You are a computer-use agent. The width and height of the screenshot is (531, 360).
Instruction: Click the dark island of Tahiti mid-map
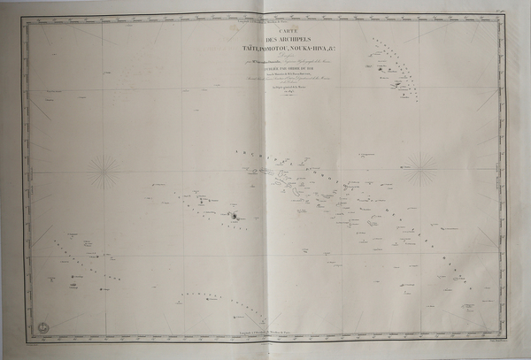pos(234,215)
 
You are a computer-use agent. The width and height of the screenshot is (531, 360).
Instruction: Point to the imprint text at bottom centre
pos(265,341)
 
